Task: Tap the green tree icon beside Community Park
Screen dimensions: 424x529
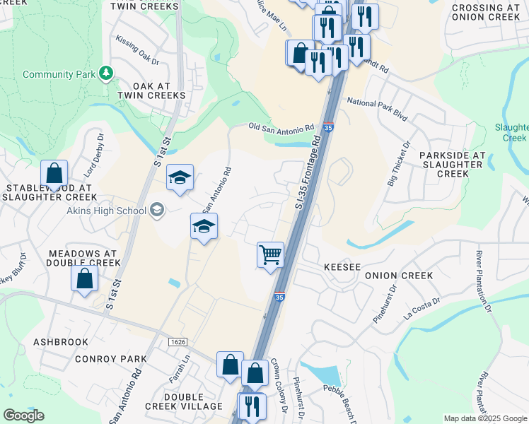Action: point(106,73)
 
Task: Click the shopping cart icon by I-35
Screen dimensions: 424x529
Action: point(270,254)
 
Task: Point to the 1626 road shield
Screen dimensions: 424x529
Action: point(178,342)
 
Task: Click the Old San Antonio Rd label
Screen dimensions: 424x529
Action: point(281,127)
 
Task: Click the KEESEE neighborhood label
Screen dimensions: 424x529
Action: point(342,268)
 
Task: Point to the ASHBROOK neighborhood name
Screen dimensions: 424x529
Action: point(61,342)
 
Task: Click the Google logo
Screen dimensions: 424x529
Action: point(23,416)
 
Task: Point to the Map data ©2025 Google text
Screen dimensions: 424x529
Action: point(485,418)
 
